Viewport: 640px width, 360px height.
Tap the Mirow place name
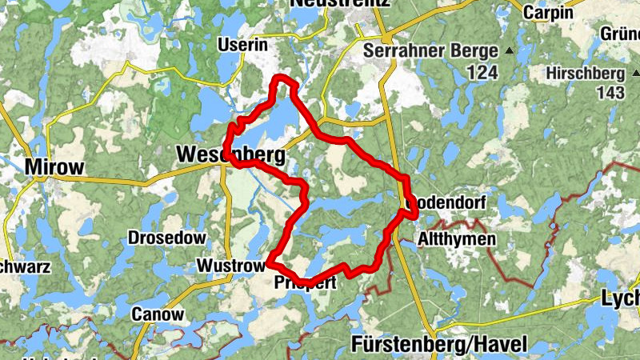54,167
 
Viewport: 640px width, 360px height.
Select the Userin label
242,46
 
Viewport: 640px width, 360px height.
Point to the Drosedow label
167,238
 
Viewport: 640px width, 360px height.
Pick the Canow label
158,314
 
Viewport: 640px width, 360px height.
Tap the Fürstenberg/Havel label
439,346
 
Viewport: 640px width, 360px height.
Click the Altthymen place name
456,239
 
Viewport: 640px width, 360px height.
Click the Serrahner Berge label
430,50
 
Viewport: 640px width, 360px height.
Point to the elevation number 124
482,73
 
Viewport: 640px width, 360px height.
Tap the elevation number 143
610,93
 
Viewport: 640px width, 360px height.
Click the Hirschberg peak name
585,73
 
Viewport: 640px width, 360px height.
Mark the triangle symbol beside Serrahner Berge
509,51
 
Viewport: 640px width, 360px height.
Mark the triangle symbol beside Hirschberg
634,73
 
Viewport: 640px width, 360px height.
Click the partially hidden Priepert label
304,283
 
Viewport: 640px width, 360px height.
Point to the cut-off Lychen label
621,299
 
